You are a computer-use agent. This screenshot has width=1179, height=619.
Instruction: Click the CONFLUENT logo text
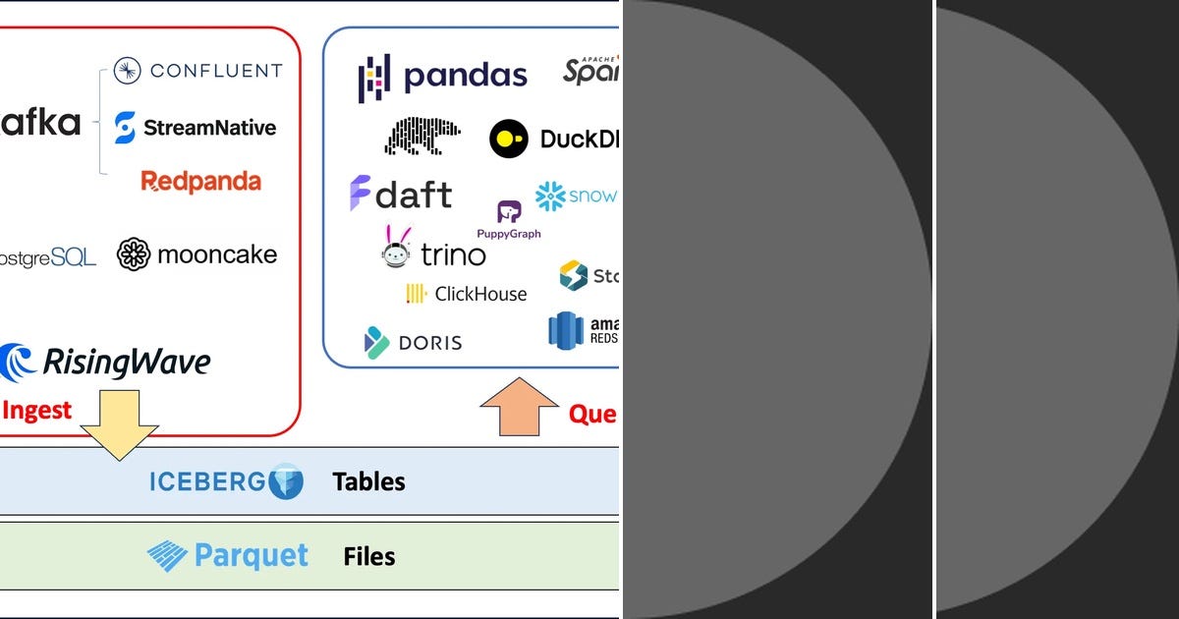(215, 71)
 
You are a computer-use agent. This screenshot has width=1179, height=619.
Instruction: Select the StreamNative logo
(208, 128)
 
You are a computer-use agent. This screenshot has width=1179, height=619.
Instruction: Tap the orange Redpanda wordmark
(200, 182)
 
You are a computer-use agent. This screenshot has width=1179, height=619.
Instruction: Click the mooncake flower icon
(134, 254)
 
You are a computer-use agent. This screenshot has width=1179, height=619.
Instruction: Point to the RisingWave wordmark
(127, 363)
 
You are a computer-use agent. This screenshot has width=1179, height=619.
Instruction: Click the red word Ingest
(37, 411)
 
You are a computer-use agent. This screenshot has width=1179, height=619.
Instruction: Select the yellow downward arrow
(119, 422)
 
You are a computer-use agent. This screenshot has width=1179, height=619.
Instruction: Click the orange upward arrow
(519, 405)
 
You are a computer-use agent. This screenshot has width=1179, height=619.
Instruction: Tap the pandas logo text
(466, 77)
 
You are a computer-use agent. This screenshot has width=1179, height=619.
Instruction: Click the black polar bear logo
(422, 137)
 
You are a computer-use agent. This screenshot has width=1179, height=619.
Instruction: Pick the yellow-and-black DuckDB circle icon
(508, 140)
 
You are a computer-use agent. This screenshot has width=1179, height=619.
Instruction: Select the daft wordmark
(414, 195)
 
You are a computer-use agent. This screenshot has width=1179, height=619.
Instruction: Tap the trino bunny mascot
(396, 249)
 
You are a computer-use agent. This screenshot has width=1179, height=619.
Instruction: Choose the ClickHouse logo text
(480, 294)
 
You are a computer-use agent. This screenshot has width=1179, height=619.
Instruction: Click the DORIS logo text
(429, 343)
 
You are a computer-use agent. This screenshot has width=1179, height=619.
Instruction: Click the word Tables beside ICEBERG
(368, 481)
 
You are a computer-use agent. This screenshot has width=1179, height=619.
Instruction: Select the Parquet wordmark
(251, 556)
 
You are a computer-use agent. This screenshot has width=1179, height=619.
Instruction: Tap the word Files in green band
(369, 557)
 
